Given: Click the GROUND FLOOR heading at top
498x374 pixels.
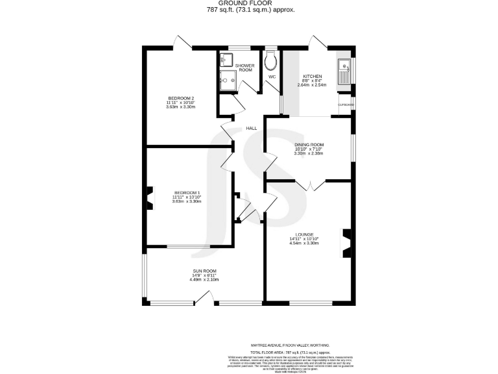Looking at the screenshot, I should [248, 3].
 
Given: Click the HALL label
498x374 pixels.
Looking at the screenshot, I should [251, 129].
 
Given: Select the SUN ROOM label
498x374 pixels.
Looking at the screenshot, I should [204, 271].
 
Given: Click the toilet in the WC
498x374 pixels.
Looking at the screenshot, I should [272, 60].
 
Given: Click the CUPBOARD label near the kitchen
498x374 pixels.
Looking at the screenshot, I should [346, 105].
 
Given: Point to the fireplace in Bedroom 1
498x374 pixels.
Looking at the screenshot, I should [150, 198].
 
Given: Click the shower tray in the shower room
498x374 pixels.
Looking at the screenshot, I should [228, 81].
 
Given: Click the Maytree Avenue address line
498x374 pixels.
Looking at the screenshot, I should [290, 345].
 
